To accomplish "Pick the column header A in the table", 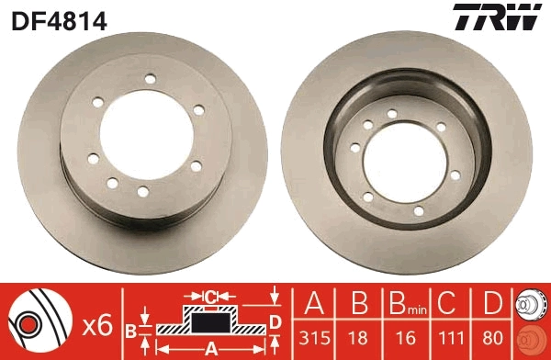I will coord(314,303).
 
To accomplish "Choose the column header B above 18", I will coord(359,303).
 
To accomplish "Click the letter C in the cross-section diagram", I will coord(210,297).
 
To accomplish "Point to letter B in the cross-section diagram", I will coord(131,329).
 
